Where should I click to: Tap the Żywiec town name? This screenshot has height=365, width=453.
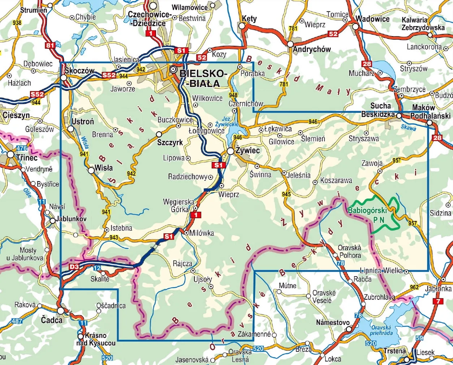[x=247, y=150]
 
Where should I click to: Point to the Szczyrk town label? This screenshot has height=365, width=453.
[x=170, y=142]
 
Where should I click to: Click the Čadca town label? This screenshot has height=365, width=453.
[x=52, y=320]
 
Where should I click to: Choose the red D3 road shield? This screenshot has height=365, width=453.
[x=74, y=267]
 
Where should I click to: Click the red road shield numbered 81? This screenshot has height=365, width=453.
[x=51, y=45]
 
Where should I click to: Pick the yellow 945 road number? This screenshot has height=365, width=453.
[x=286, y=194]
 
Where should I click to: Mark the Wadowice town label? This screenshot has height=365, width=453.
[x=372, y=19]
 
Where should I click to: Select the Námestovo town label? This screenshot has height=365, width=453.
[x=333, y=322]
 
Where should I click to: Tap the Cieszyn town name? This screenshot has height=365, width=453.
[x=16, y=115]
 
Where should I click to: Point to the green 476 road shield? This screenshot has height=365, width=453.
[x=22, y=148]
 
